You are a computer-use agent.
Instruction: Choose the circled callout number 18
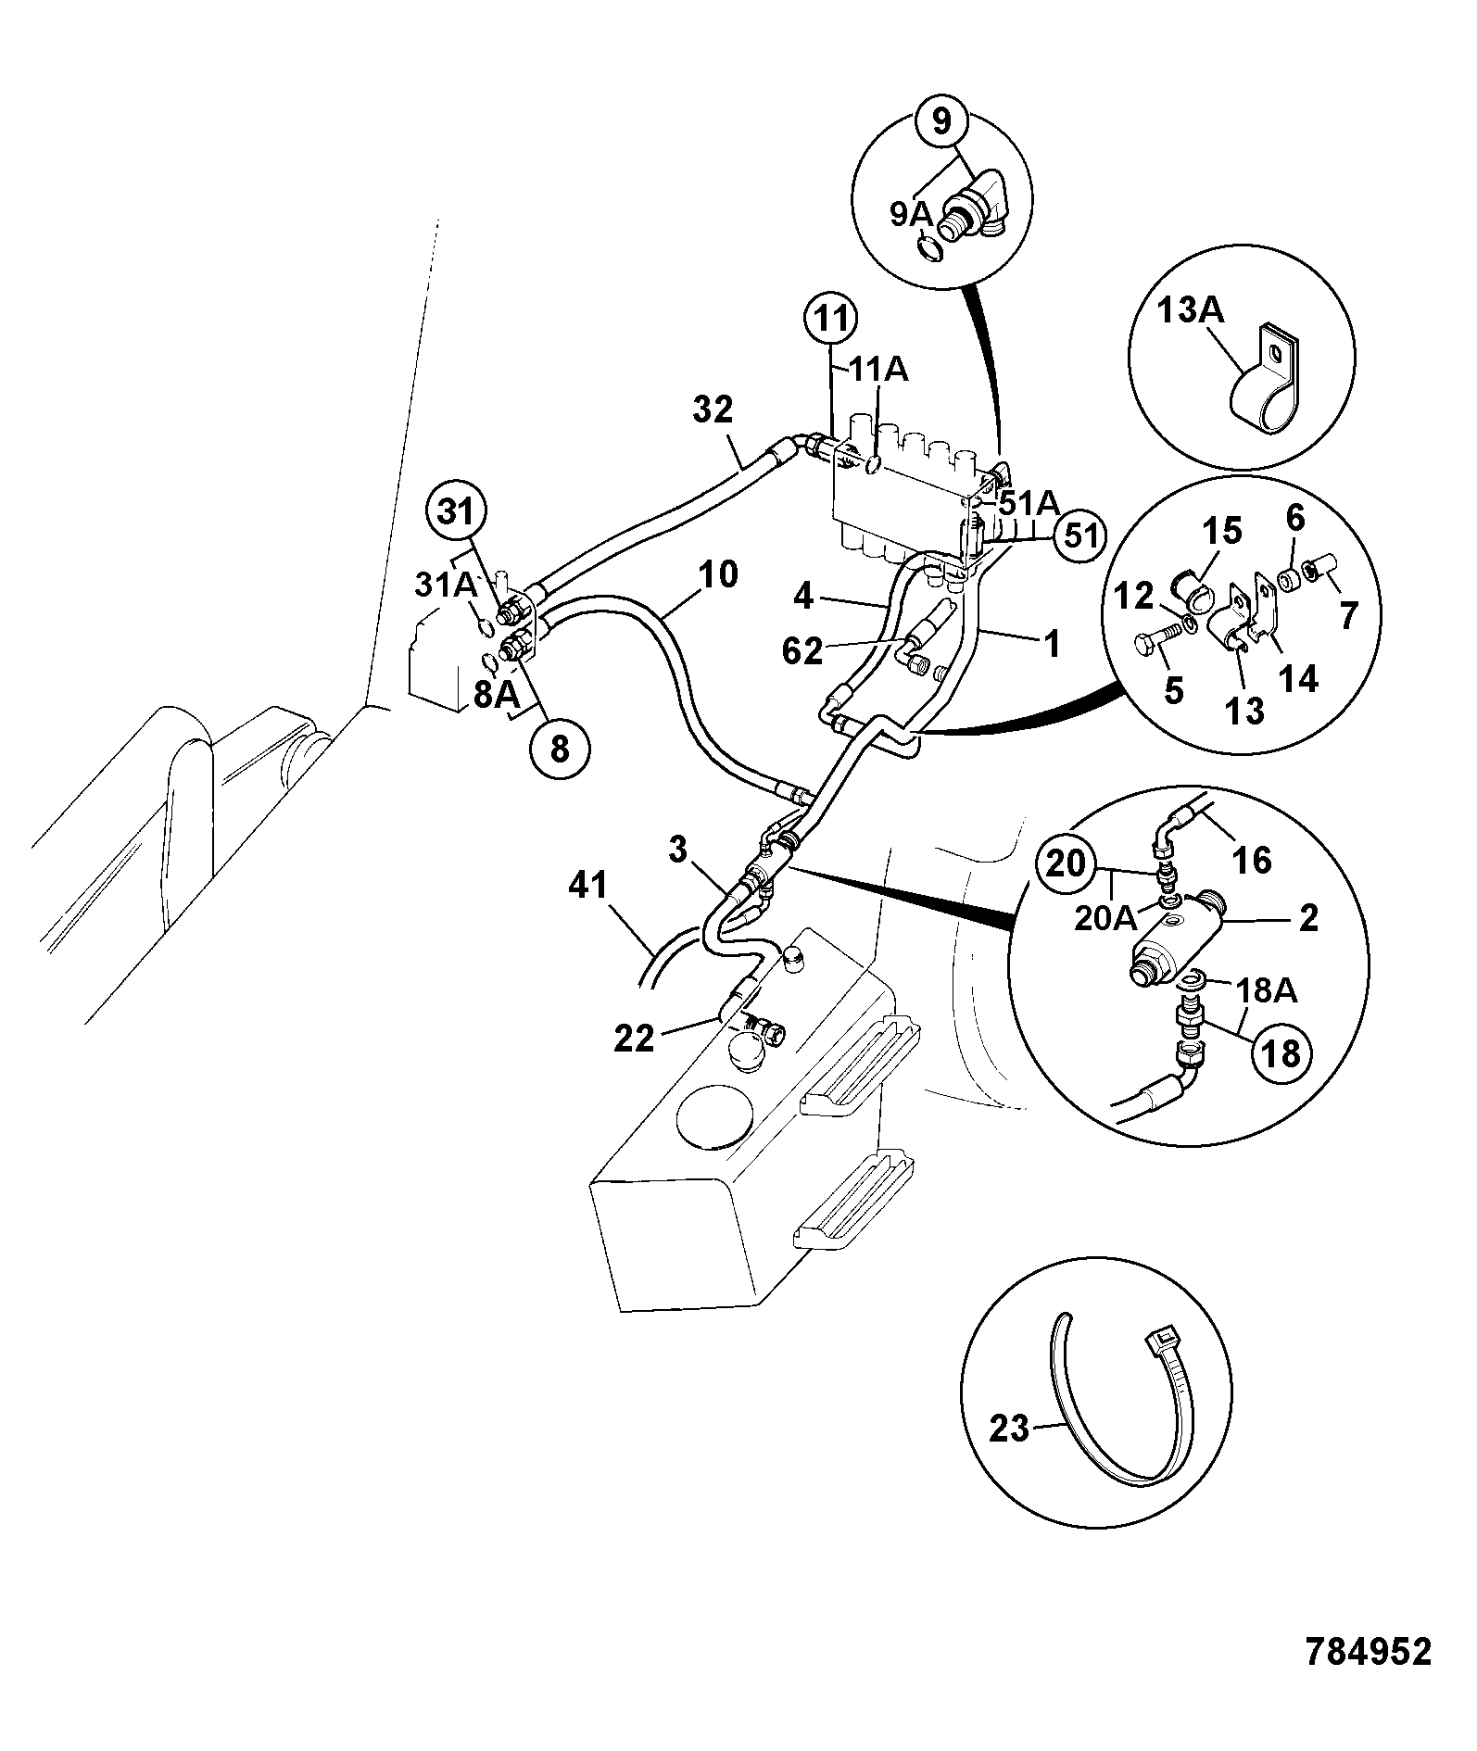1281,1053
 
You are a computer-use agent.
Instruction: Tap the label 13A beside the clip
1190,311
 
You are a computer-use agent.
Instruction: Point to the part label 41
588,886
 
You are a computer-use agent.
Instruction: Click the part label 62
802,652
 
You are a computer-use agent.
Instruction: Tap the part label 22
635,1038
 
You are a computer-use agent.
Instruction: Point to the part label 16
1252,860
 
